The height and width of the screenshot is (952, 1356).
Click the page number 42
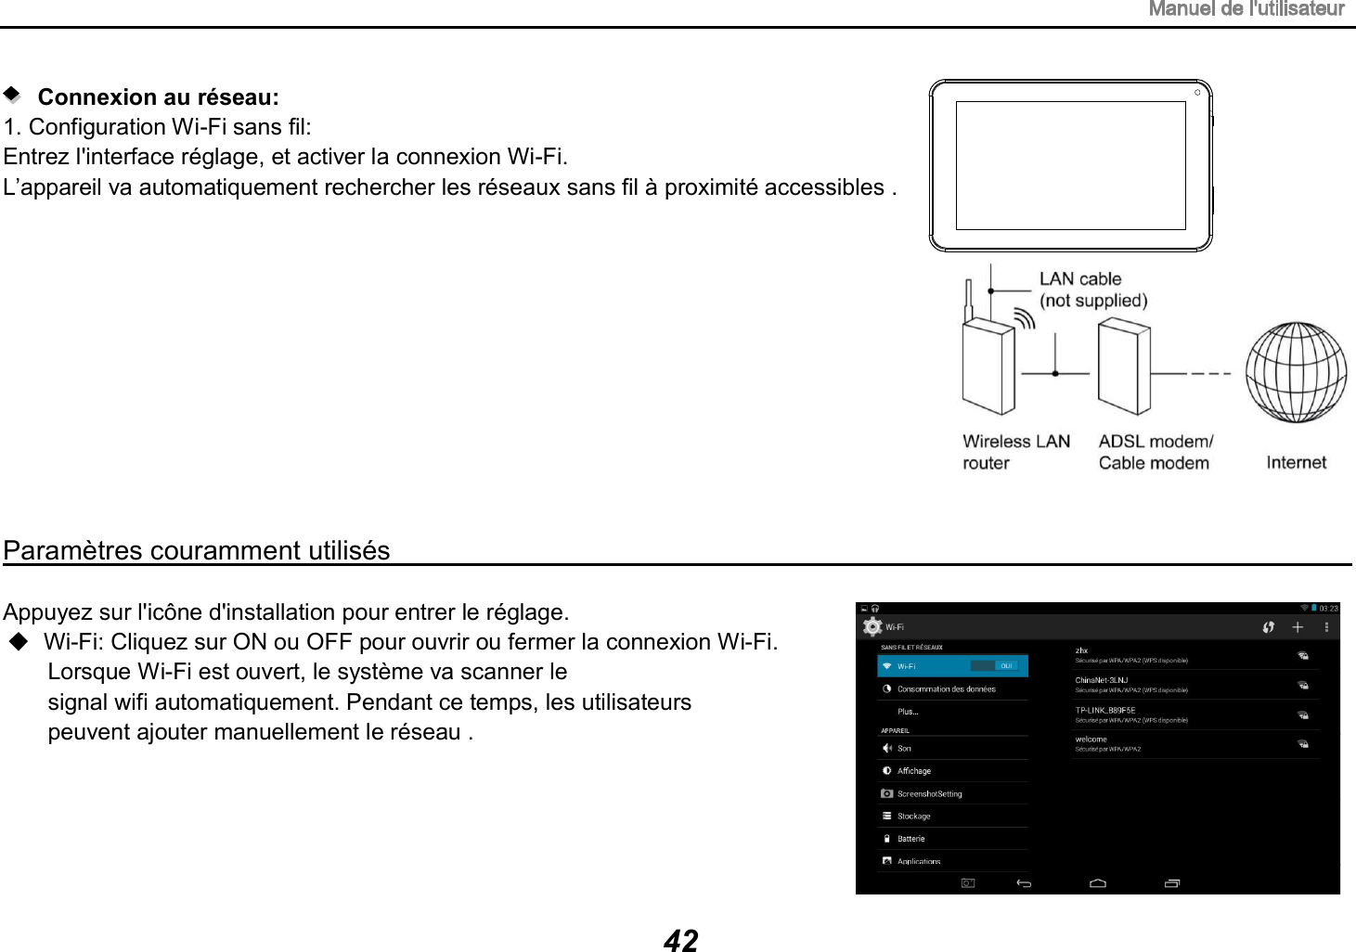click(680, 940)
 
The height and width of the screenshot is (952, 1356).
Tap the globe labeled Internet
click(1295, 371)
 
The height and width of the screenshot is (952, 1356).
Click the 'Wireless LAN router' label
click(1015, 452)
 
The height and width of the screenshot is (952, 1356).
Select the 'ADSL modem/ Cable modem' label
click(1155, 452)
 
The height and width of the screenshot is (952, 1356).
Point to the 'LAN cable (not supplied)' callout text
click(1092, 289)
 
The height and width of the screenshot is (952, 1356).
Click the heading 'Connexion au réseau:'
click(158, 97)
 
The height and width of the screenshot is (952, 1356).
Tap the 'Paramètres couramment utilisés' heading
click(197, 550)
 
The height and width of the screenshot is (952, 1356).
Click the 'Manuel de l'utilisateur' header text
click(1246, 9)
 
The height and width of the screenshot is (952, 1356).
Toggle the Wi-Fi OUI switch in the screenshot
click(995, 666)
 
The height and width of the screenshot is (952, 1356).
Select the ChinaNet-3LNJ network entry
click(1102, 681)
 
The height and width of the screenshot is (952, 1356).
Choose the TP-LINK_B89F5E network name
click(1105, 711)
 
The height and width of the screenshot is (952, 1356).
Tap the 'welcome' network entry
click(1091, 740)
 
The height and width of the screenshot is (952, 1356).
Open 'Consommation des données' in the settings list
click(946, 689)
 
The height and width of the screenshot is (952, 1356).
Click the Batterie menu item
click(910, 839)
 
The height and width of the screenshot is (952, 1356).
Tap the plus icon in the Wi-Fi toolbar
click(1298, 627)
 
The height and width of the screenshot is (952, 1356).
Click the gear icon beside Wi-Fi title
click(872, 626)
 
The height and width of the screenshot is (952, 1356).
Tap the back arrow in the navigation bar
click(1024, 883)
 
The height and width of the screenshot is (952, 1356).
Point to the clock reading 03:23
click(1328, 609)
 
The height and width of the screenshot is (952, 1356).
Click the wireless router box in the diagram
click(988, 367)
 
